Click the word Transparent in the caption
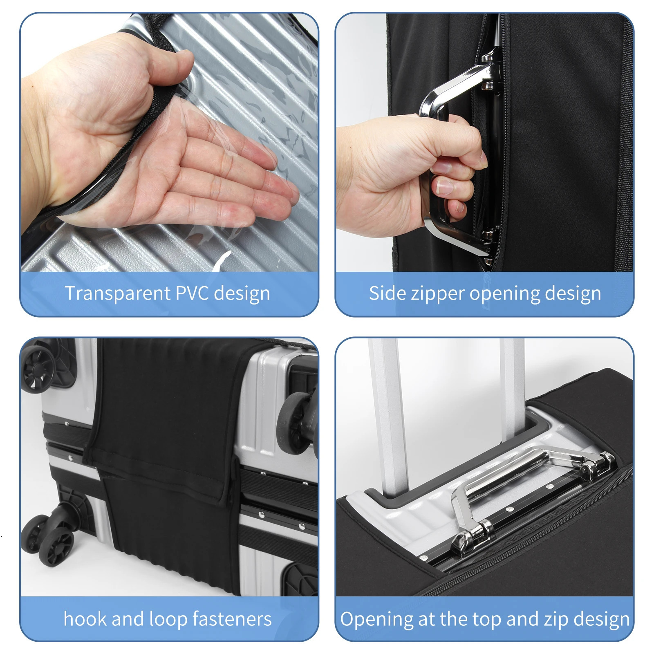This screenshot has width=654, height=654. pos(118,294)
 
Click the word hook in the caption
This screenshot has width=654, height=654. pos(85,618)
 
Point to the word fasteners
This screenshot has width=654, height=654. pos(232,618)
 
